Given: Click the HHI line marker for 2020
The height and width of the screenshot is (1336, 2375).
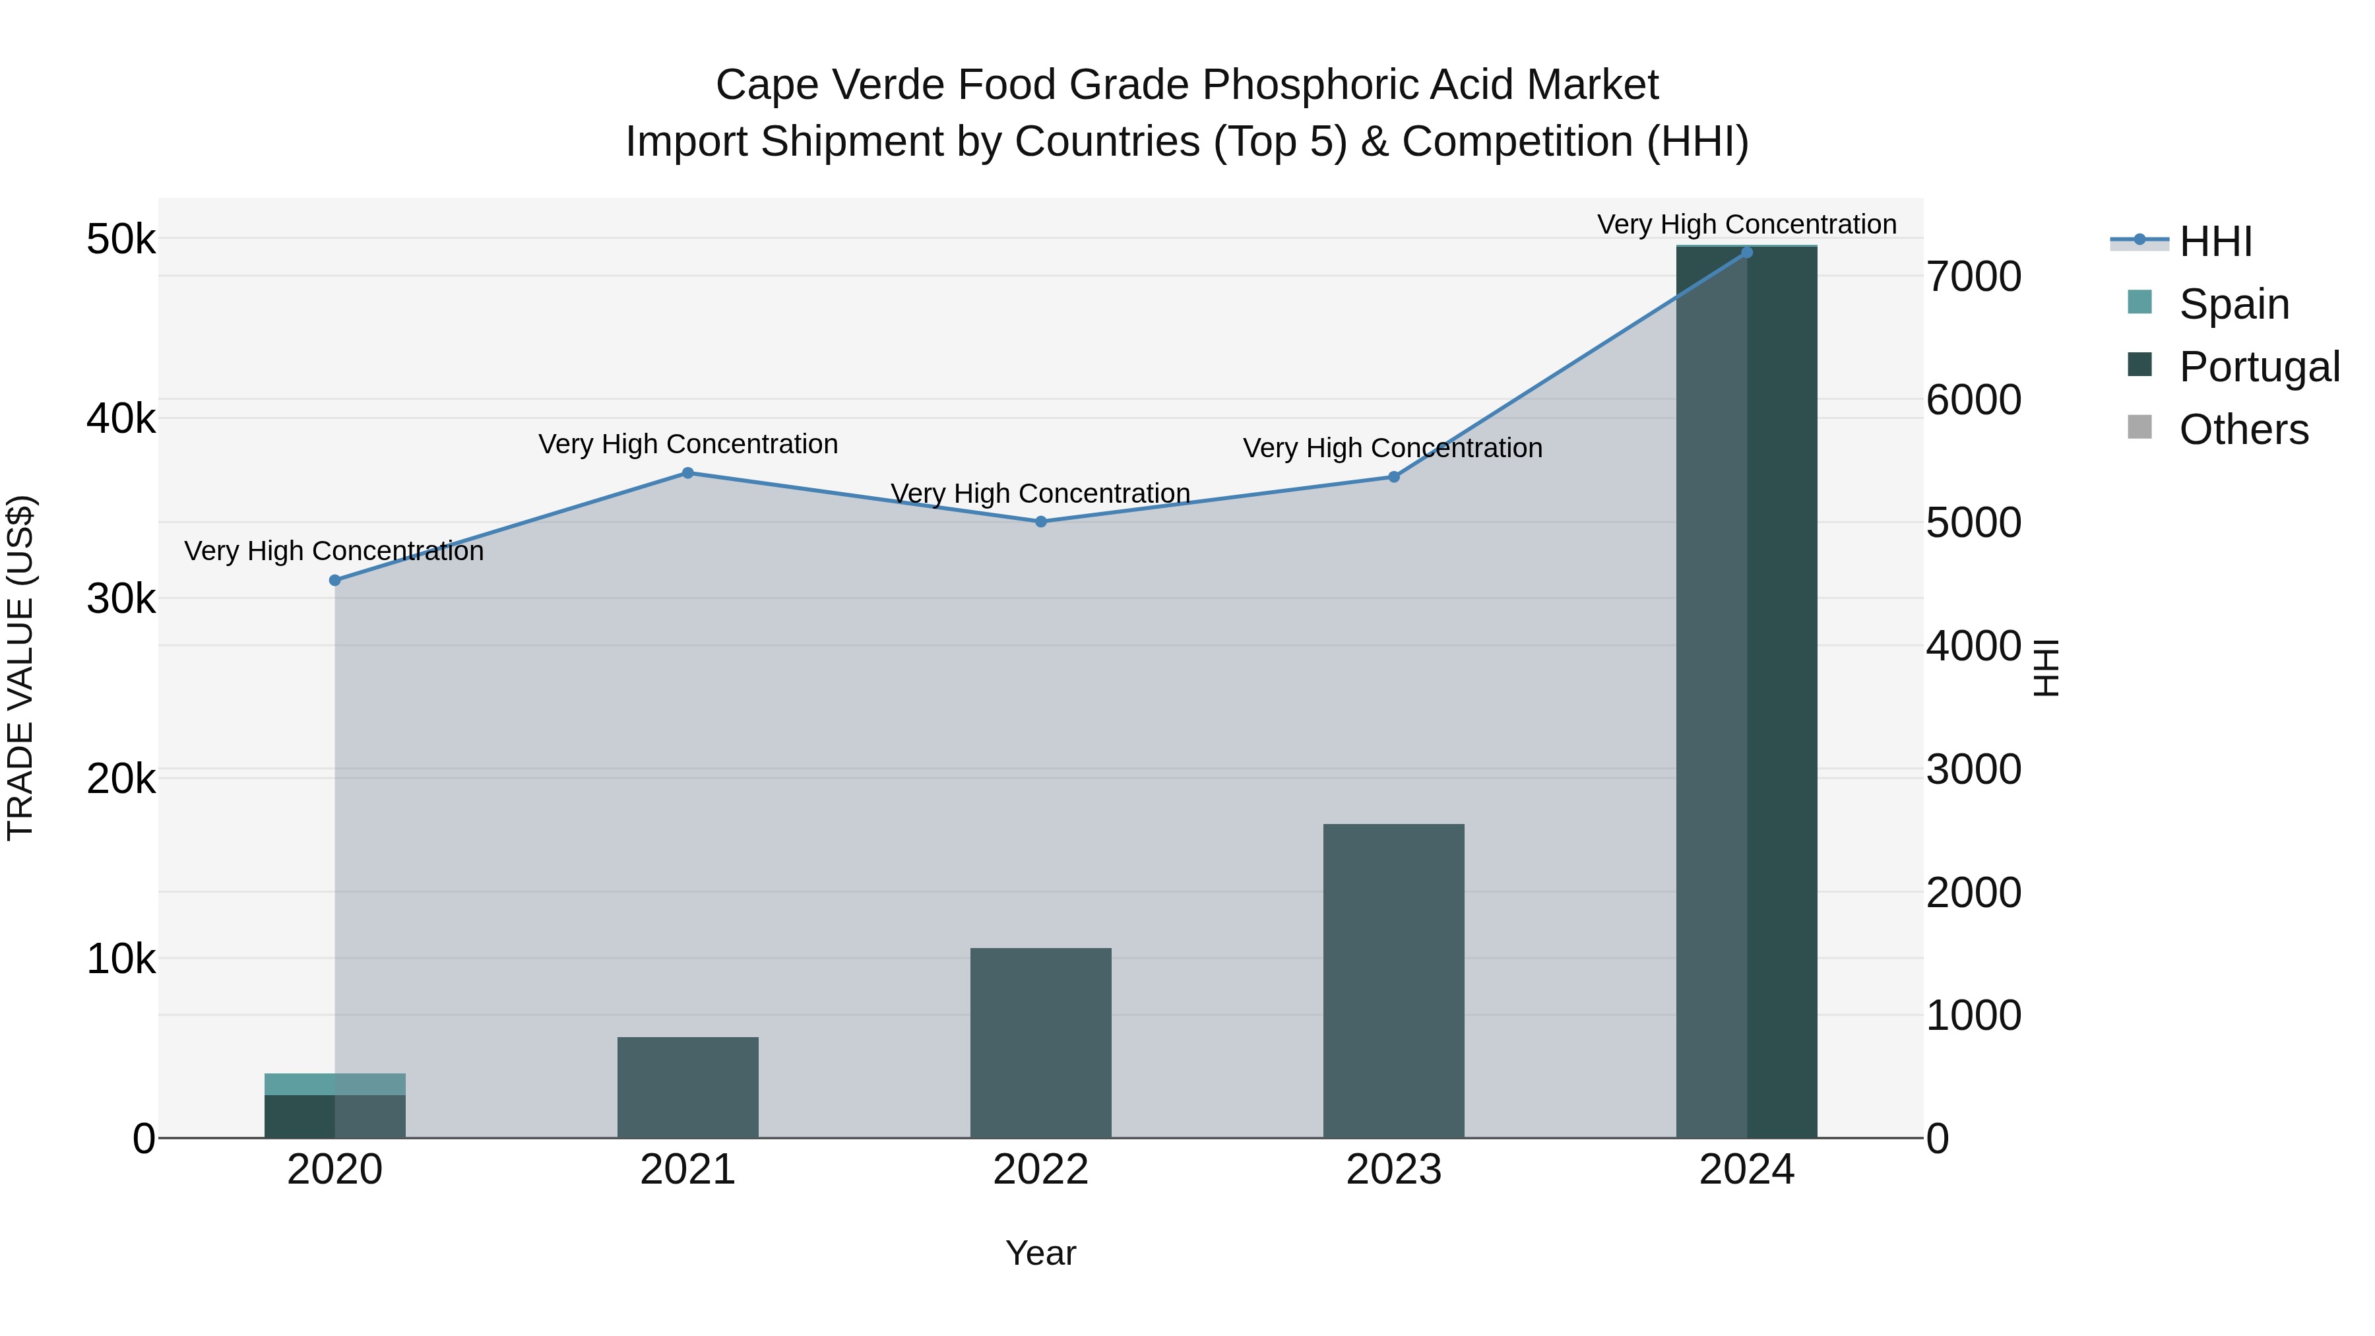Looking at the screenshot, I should [334, 580].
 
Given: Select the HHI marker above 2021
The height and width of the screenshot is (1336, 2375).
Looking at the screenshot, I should [688, 473].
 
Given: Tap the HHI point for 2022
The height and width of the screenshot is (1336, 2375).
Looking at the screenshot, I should [1041, 522].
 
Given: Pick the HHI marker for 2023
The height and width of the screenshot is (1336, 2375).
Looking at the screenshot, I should [1394, 477].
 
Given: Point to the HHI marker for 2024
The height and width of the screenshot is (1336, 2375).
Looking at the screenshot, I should [1747, 252].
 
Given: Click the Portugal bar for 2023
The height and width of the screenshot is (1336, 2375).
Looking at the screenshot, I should [1394, 981].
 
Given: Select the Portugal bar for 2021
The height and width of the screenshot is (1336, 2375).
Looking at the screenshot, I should [688, 1088].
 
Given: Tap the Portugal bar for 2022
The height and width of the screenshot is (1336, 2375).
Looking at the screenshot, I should [1041, 1043].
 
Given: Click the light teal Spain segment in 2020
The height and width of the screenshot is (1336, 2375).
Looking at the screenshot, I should [334, 1084].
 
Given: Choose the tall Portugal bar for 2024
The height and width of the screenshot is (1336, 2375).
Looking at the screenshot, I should [1747, 691].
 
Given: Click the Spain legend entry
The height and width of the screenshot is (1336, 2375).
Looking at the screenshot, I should [2233, 304].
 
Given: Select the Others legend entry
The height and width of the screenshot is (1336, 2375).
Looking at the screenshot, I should [2243, 429].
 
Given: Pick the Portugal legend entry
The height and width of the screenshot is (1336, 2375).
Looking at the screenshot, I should [2259, 367].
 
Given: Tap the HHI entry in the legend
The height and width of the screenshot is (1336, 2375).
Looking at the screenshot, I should [2215, 241].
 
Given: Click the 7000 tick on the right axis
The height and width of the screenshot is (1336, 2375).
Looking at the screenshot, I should [1974, 276].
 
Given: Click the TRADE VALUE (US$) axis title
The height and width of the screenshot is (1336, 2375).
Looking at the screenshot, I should [20, 668].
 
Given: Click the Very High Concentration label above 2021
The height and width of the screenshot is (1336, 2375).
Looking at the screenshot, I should [688, 445].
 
